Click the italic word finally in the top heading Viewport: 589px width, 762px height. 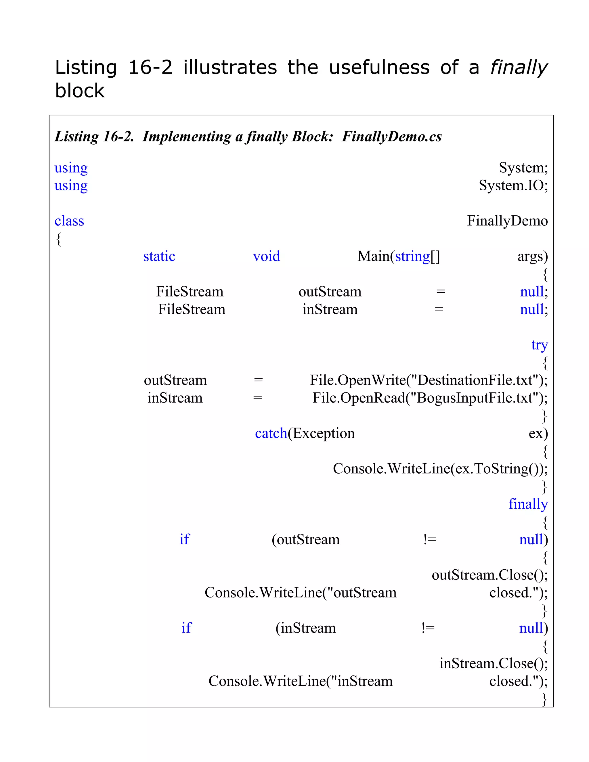tap(519, 68)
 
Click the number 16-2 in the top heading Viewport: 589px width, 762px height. tap(150, 67)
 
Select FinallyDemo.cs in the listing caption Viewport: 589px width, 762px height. tap(391, 136)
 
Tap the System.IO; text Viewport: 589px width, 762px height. tap(513, 185)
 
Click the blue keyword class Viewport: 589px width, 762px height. tap(69, 221)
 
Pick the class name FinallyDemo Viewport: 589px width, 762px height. tap(507, 221)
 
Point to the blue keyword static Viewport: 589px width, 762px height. tap(159, 256)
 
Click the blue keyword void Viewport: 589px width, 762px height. tap(266, 256)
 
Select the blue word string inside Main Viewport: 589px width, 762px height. tap(412, 256)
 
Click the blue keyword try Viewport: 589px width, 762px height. tap(540, 345)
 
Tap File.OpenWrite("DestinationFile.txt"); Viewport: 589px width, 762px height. tap(429, 380)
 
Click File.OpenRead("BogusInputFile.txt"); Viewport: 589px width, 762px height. tap(430, 398)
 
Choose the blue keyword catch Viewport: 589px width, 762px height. tap(271, 433)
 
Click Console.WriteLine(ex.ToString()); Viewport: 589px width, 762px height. tap(440, 469)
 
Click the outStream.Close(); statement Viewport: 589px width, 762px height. tap(489, 575)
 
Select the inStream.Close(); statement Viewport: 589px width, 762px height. tap(494, 663)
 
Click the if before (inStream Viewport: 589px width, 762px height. tap(186, 628)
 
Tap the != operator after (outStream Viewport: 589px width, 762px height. tap(430, 540)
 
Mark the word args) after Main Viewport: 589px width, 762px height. tap(532, 256)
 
